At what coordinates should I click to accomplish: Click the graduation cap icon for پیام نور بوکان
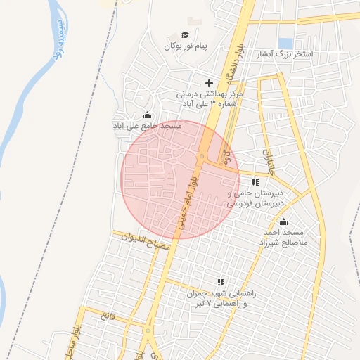point(185,35)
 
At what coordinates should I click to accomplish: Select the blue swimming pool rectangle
point(285,43)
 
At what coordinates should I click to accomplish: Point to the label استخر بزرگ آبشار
point(303,54)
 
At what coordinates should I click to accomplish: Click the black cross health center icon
point(209,83)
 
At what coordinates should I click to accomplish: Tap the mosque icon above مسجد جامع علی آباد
point(147,115)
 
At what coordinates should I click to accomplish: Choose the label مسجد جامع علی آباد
point(148,126)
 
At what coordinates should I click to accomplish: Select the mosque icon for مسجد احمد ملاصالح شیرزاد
point(284,222)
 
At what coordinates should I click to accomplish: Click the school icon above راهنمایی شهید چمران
point(221,283)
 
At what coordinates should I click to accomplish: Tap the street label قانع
point(108,317)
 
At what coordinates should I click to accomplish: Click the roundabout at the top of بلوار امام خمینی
point(202,156)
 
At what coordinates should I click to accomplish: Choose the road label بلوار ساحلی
point(79,342)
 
